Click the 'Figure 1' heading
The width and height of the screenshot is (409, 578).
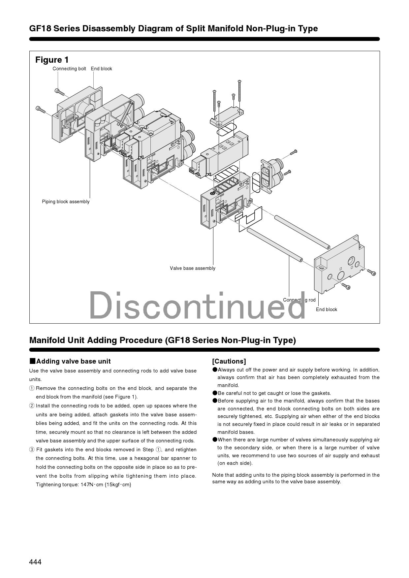[52, 60]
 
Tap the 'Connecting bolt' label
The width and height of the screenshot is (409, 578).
[69, 69]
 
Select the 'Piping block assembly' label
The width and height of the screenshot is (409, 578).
[66, 202]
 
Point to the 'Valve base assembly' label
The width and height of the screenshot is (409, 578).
[193, 268]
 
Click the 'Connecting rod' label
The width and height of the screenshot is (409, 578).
[299, 300]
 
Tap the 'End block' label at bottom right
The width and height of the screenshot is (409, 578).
[327, 309]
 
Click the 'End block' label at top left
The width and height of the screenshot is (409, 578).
[101, 69]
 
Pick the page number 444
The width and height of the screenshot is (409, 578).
[35, 562]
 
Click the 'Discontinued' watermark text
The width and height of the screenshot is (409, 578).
[197, 305]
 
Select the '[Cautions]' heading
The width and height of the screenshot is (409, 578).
[229, 361]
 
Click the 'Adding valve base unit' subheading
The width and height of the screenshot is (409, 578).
[73, 361]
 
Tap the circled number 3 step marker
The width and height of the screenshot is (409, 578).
[32, 450]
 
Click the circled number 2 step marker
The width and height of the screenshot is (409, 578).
[32, 406]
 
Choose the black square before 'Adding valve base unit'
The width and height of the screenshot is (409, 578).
[32, 361]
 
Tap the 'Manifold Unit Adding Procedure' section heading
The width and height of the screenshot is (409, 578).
[162, 340]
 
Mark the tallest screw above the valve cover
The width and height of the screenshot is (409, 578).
[239, 90]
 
